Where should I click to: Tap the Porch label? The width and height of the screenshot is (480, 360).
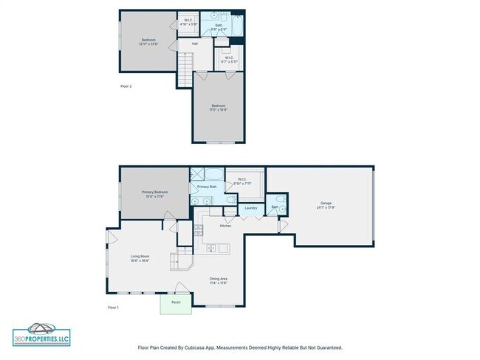(176, 302)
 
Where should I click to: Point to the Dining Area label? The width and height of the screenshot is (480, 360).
(218, 278)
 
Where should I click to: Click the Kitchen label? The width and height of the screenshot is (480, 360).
(225, 226)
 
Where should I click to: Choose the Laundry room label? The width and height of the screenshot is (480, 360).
(250, 209)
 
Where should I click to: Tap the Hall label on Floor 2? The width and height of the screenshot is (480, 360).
(195, 44)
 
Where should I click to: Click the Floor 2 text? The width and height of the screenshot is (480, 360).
(126, 86)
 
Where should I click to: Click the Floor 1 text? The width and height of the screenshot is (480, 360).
(113, 307)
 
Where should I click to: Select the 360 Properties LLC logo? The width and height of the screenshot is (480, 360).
(41, 333)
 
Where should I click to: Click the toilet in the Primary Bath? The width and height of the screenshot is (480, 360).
(230, 200)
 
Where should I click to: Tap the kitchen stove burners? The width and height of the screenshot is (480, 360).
(198, 235)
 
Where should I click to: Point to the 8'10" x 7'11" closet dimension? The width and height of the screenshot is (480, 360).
(243, 183)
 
